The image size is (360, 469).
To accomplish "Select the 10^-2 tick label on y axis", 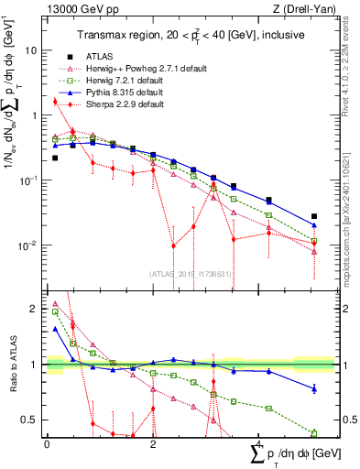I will click(x=30, y=245).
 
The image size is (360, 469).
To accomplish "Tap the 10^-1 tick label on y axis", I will click(x=30, y=180).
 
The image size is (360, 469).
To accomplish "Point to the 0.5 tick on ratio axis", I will click(x=32, y=420).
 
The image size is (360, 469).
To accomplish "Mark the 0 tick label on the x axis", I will click(x=47, y=443).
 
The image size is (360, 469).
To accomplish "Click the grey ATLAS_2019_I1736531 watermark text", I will click(x=190, y=274).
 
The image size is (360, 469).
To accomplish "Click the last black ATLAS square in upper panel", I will click(x=314, y=216).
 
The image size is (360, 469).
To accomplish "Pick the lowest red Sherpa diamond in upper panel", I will click(x=173, y=245).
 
